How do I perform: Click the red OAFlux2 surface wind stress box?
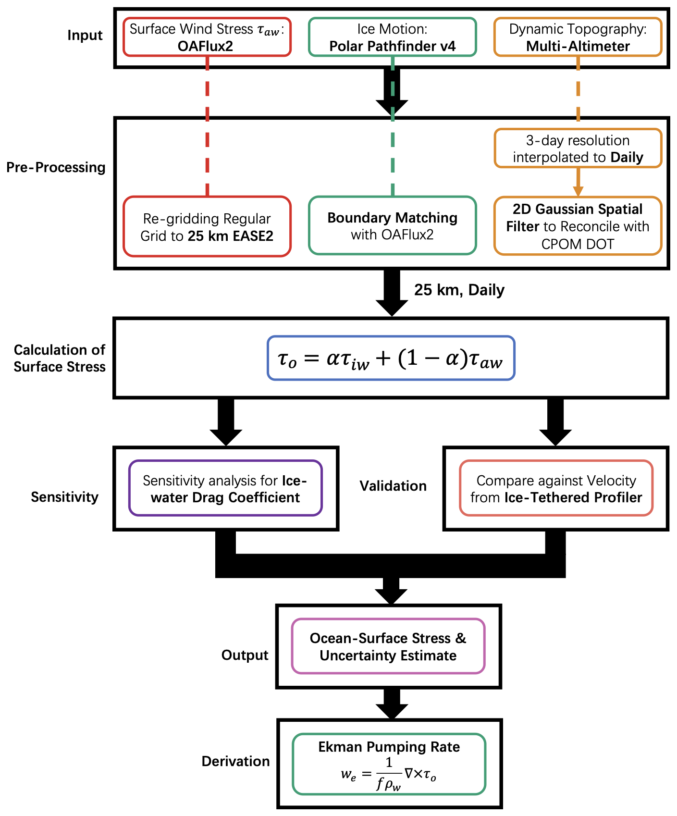pos(207,37)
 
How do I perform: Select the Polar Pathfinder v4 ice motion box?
pos(392,37)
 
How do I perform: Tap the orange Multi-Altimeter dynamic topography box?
pos(578,37)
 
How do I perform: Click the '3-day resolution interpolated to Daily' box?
pos(578,148)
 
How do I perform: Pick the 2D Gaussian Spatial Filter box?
pos(578,226)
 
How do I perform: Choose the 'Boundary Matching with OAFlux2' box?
pos(392,226)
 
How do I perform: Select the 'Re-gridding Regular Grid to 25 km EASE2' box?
pos(207,226)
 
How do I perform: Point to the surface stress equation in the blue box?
pos(391,359)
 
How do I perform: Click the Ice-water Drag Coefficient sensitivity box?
pos(225,488)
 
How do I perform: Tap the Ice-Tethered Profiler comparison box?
pos(556,488)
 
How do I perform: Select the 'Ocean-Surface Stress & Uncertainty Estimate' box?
pos(388,646)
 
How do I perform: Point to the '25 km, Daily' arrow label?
pos(459,290)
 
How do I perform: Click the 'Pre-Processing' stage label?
pos(56,167)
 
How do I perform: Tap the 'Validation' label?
pos(393,486)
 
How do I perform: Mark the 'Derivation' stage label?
pos(235,761)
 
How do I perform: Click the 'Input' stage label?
pos(85,36)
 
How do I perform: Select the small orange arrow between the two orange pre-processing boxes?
pos(578,182)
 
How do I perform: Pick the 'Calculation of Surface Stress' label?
pos(60,358)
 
